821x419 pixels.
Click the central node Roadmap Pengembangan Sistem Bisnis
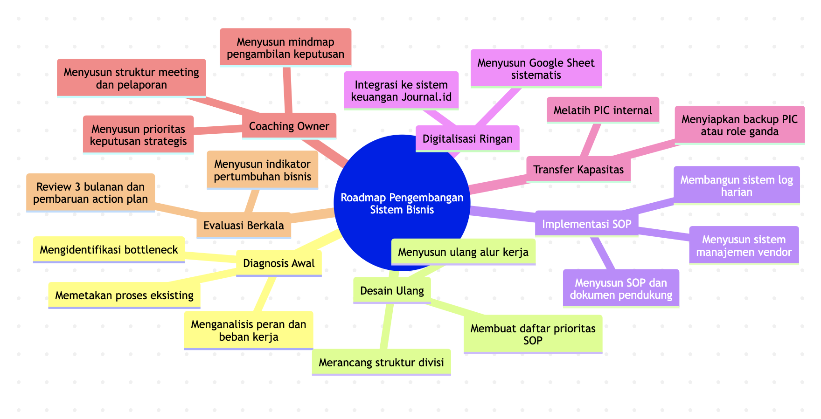point(402,204)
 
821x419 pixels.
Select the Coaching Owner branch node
point(289,126)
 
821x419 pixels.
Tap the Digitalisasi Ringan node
point(467,138)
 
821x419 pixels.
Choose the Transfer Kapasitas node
point(578,169)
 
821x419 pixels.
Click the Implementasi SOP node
point(586,224)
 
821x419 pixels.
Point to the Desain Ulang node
point(392,290)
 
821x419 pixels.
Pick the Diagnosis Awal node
point(279,263)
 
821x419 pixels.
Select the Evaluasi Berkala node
point(244,225)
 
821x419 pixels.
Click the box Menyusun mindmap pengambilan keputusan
point(285,48)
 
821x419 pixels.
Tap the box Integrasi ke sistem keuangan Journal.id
point(401,90)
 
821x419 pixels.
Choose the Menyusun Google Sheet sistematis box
point(536,69)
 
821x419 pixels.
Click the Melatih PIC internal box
point(603,110)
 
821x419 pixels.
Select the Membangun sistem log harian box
point(737,185)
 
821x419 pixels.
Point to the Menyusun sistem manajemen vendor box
point(744,246)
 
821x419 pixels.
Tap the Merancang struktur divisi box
point(381,362)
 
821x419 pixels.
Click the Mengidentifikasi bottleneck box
point(109,249)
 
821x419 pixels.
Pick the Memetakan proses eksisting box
point(124,295)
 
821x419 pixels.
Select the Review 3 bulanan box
point(90,193)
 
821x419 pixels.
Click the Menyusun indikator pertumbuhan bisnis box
point(262,170)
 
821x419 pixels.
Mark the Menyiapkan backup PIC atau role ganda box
point(739,125)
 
